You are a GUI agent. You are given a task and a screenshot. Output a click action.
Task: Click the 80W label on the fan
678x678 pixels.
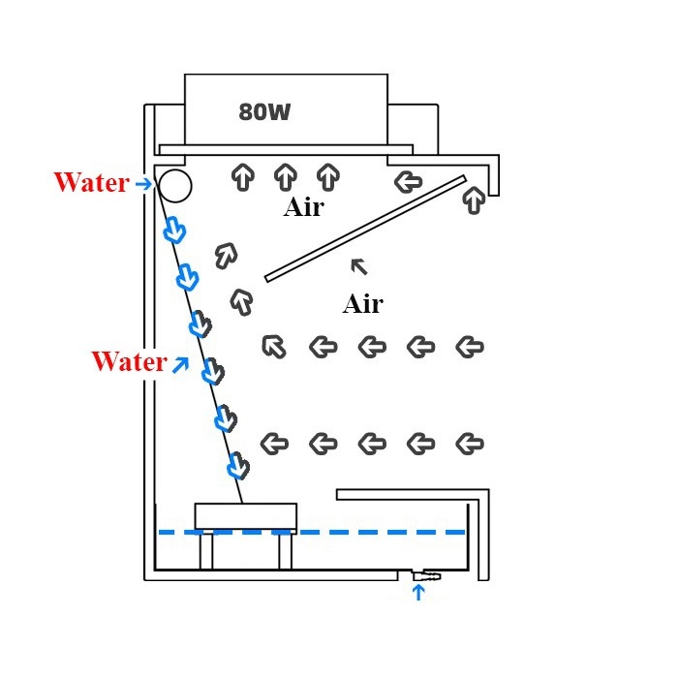pyautogui.click(x=264, y=112)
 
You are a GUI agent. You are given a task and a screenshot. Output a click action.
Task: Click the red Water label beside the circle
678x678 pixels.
pyautogui.click(x=91, y=183)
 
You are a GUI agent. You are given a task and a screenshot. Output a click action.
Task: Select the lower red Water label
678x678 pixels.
pyautogui.click(x=129, y=361)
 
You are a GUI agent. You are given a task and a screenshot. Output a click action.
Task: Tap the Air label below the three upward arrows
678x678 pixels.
pyautogui.click(x=303, y=207)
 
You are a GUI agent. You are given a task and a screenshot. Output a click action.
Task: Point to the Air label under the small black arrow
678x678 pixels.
pyautogui.click(x=362, y=304)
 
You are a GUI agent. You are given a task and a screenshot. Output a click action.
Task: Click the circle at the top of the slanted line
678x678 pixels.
pyautogui.click(x=175, y=184)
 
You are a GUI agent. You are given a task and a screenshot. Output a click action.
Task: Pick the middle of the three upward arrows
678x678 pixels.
pyautogui.click(x=285, y=176)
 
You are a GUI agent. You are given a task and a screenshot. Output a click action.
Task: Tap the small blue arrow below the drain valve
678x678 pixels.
pyautogui.click(x=418, y=592)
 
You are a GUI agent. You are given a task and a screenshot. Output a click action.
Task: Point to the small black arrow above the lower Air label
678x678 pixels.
pyautogui.click(x=359, y=265)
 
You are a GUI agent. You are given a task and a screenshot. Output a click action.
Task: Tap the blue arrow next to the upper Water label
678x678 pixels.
pyautogui.click(x=143, y=183)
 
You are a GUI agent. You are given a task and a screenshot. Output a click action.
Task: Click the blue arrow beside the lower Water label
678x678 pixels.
pyautogui.click(x=180, y=362)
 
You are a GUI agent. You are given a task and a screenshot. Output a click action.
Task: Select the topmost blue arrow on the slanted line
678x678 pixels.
pyautogui.click(x=174, y=231)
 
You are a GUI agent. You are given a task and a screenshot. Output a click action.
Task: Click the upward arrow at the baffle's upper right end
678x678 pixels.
pyautogui.click(x=474, y=200)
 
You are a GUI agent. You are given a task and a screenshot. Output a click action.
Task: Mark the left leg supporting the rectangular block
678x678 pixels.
pyautogui.click(x=205, y=552)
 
